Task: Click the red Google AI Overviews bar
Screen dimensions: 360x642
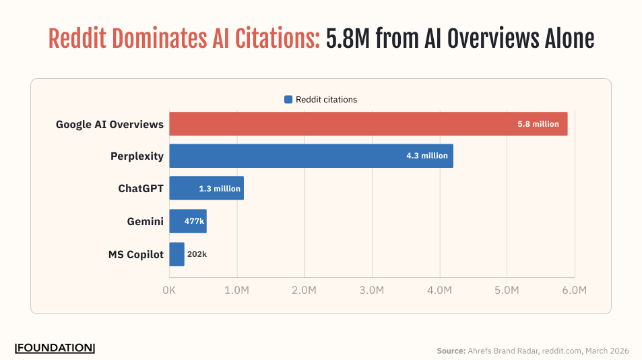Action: tap(368, 124)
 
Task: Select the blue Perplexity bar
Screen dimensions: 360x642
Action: tap(311, 156)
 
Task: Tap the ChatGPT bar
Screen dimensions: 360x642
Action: tap(206, 188)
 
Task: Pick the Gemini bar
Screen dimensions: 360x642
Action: tap(187, 220)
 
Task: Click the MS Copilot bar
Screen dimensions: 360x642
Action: tap(176, 254)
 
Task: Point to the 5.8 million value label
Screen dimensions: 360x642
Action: tap(538, 124)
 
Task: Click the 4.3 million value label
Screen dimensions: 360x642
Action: tap(426, 156)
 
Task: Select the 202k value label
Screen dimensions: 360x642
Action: tap(197, 255)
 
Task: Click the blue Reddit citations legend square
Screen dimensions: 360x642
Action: tap(288, 100)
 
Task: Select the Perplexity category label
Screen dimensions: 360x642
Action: tap(137, 156)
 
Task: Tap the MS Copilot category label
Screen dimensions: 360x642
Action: tap(136, 255)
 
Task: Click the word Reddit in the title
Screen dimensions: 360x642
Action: tap(76, 39)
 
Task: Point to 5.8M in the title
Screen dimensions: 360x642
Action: tap(348, 39)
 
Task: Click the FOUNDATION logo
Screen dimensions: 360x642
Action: tap(55, 348)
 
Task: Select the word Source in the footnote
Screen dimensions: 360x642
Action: tap(450, 351)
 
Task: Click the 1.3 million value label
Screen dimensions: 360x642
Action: tap(219, 189)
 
